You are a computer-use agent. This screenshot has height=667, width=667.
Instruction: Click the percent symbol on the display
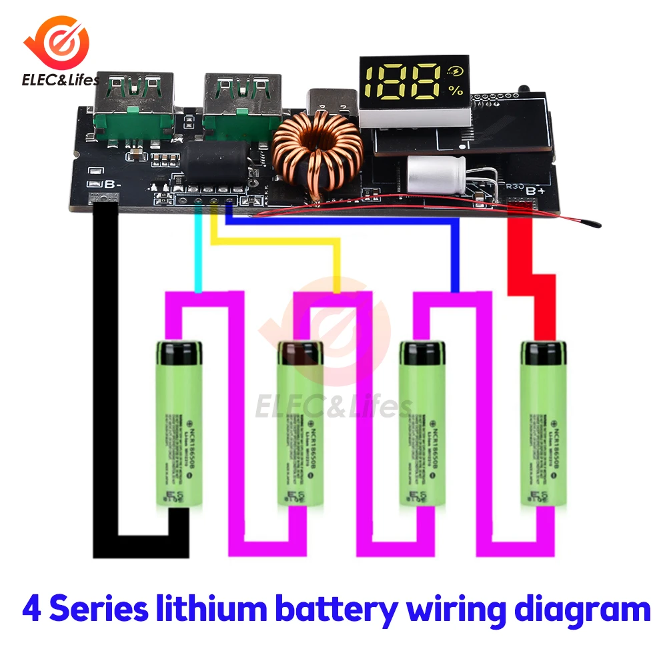(456, 89)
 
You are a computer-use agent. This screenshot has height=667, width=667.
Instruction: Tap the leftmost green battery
(179, 424)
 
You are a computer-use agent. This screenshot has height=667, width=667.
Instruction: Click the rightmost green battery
(543, 424)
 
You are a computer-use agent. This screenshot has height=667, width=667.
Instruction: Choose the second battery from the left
(300, 424)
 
